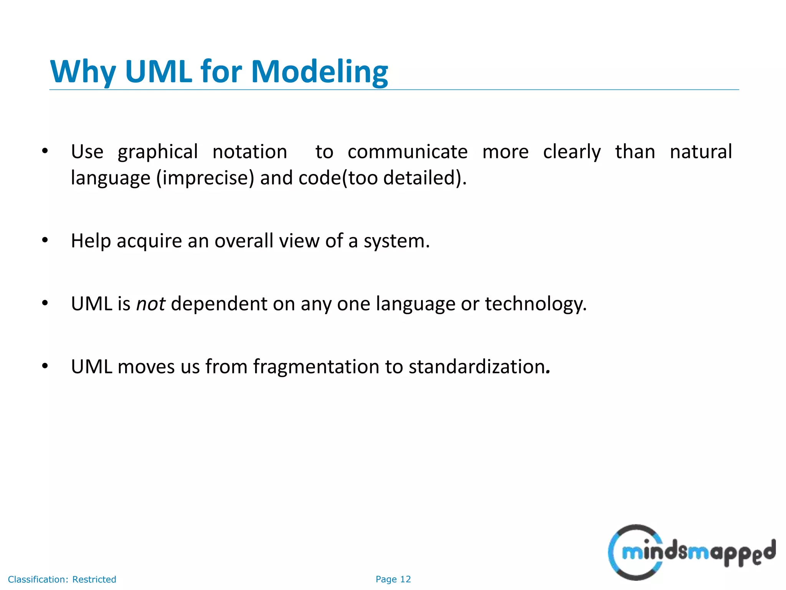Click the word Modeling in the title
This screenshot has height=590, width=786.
(319, 72)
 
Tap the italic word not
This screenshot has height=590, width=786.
(151, 304)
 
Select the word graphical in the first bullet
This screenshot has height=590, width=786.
(158, 152)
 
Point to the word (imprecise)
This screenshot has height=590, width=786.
(205, 178)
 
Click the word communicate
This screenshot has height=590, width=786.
(408, 152)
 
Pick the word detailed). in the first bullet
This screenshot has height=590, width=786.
(425, 178)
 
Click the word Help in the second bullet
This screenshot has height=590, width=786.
(91, 241)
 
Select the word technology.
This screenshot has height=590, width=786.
(536, 304)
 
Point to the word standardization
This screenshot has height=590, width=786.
(479, 367)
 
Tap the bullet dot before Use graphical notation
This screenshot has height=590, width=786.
(45, 151)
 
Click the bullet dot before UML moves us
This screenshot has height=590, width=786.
(45, 366)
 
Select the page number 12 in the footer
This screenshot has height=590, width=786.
(405, 579)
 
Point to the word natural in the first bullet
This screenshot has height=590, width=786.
(701, 152)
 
